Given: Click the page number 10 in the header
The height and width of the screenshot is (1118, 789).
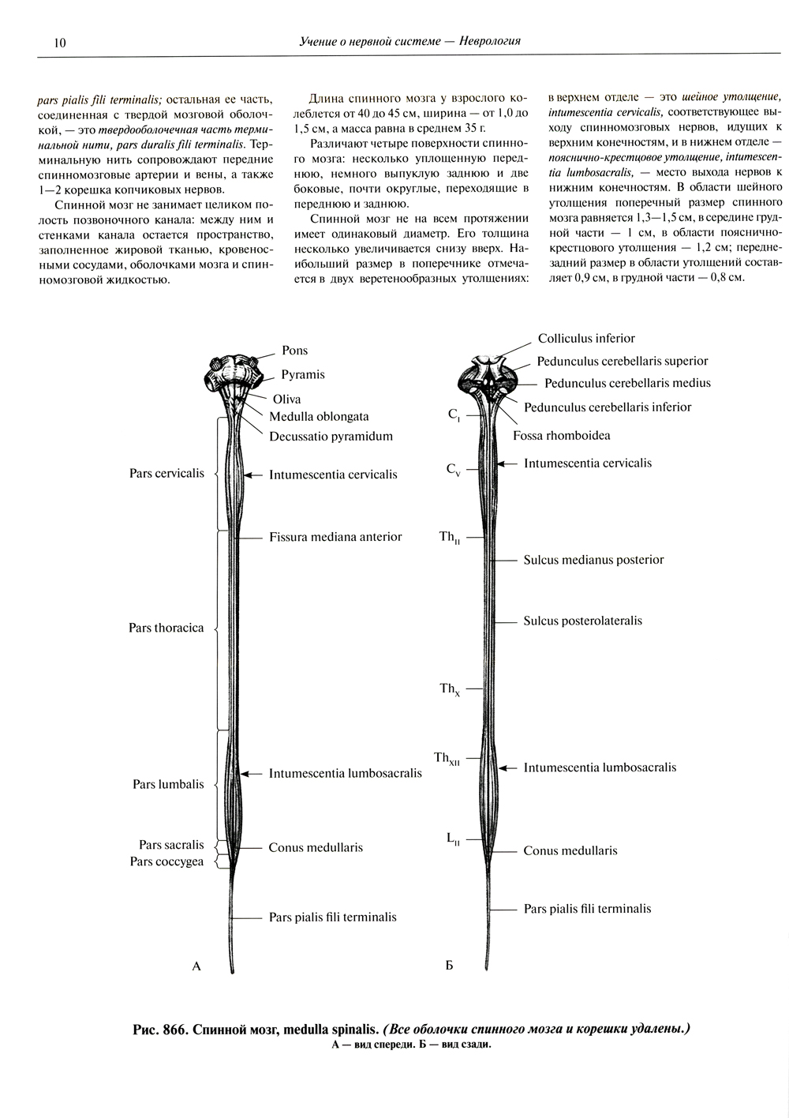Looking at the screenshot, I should [60, 43].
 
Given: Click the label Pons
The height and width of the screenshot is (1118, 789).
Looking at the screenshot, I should [295, 351].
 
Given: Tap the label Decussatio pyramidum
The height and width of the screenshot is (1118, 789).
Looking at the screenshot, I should [331, 436].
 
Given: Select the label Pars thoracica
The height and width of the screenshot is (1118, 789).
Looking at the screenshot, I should [166, 628].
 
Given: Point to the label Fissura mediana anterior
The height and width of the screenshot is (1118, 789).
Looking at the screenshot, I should [335, 537].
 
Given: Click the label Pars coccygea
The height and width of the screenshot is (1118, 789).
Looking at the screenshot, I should [166, 861].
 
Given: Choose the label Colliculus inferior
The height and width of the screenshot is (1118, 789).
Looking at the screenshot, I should [586, 339].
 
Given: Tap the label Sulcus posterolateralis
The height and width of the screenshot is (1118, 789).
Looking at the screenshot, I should [582, 621].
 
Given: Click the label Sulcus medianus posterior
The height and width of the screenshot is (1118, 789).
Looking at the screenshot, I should [593, 560].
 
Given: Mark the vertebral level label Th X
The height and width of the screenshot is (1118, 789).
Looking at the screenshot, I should [450, 689].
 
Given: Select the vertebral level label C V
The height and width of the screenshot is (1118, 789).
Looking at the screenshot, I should [453, 470].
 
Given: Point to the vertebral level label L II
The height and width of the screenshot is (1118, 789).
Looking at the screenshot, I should [453, 840].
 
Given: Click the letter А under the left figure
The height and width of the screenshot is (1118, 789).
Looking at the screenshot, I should [197, 965].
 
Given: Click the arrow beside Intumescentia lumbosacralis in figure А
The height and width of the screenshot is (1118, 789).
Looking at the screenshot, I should [249, 774].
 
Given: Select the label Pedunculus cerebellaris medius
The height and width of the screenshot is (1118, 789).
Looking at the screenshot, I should [627, 383].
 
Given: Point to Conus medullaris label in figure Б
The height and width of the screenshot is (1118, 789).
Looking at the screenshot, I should [570, 851].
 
